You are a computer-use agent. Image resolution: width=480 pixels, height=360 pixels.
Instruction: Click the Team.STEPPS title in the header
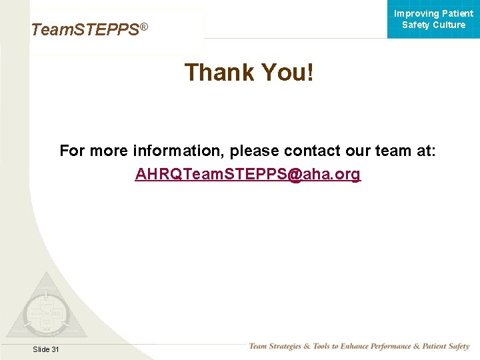tap(85, 30)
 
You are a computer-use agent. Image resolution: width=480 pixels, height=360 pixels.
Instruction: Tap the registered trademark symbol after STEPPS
tap(143, 27)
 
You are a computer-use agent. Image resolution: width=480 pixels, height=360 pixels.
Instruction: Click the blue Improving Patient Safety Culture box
tap(433, 19)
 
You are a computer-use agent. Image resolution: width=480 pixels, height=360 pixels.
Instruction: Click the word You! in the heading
tap(287, 72)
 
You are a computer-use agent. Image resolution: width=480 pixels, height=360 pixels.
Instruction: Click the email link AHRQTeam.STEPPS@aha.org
tap(247, 175)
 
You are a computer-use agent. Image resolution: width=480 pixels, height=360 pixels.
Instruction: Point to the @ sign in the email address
tap(295, 175)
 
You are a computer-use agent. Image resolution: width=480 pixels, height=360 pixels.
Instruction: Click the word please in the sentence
tap(255, 151)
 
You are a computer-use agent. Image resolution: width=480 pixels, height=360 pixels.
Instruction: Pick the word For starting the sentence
tap(72, 151)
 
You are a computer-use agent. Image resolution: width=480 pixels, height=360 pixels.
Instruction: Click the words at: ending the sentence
tap(425, 151)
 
